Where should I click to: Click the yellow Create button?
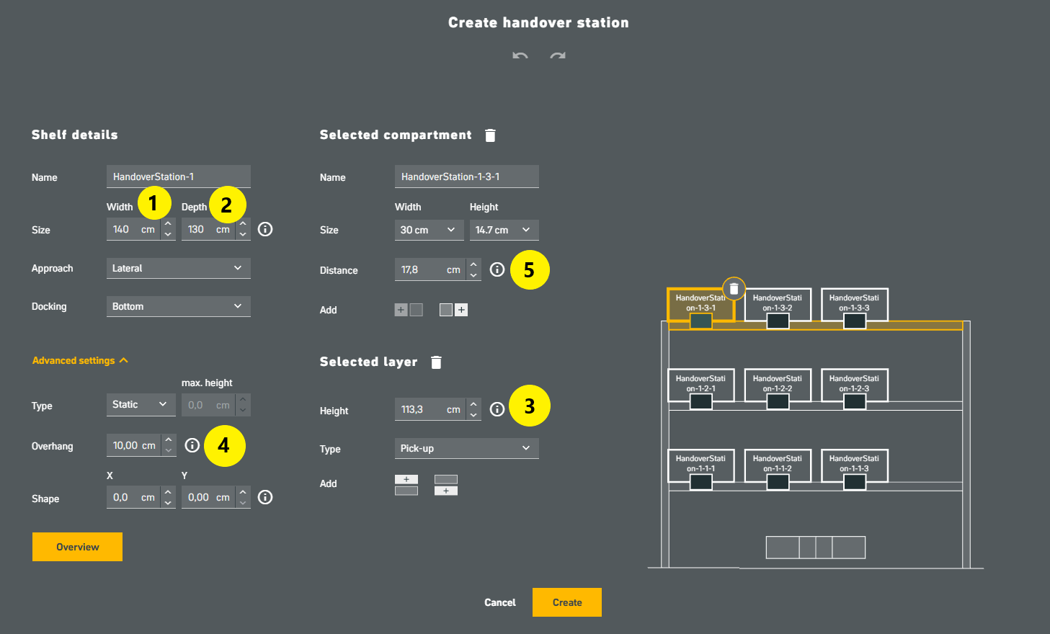(x=566, y=602)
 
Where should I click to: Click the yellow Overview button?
(x=77, y=547)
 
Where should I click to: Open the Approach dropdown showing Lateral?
(x=178, y=268)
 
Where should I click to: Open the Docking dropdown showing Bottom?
(x=178, y=306)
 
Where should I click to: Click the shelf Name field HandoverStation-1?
(x=178, y=177)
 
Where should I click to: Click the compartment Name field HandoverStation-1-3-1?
(x=466, y=177)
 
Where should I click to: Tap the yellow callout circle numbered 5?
(x=529, y=270)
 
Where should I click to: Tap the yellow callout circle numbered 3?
(x=529, y=406)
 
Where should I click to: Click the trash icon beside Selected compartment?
(x=490, y=135)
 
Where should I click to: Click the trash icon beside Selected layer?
(x=436, y=362)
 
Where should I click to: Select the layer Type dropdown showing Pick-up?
(x=466, y=448)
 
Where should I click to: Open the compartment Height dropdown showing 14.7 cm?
(x=504, y=230)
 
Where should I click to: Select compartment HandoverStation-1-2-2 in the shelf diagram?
(x=777, y=385)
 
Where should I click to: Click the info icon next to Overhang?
(x=192, y=445)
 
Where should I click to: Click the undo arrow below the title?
(x=520, y=55)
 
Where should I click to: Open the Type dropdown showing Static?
(x=141, y=405)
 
